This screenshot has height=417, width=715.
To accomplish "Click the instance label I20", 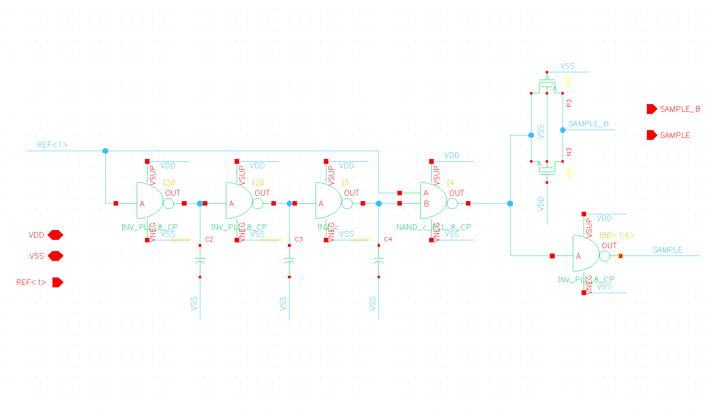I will [169, 182].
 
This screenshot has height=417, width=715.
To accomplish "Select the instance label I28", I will [258, 182].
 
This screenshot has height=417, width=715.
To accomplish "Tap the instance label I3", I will [345, 182].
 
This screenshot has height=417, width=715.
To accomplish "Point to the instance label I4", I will [450, 182].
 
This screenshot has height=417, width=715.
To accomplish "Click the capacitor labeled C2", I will [200, 261].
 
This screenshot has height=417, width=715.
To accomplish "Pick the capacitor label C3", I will [299, 239].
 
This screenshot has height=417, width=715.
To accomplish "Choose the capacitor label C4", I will [388, 239].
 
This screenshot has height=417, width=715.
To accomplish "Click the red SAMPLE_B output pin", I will [651, 109].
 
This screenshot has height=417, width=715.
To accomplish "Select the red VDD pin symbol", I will [55, 235].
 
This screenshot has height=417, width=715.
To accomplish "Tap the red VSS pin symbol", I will [55, 256].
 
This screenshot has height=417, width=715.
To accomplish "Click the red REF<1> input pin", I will [57, 282].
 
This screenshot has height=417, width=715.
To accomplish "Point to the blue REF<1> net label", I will [52, 145].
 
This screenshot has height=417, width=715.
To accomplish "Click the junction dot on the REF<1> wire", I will [105, 151].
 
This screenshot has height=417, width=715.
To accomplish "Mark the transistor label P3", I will [569, 103].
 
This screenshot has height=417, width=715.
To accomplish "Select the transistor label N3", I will [569, 152].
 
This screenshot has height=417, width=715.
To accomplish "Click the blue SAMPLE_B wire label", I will [589, 124].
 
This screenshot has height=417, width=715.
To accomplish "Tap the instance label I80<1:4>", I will [617, 235].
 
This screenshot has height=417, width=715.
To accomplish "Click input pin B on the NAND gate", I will [400, 204].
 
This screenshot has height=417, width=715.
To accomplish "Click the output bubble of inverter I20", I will [169, 204].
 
